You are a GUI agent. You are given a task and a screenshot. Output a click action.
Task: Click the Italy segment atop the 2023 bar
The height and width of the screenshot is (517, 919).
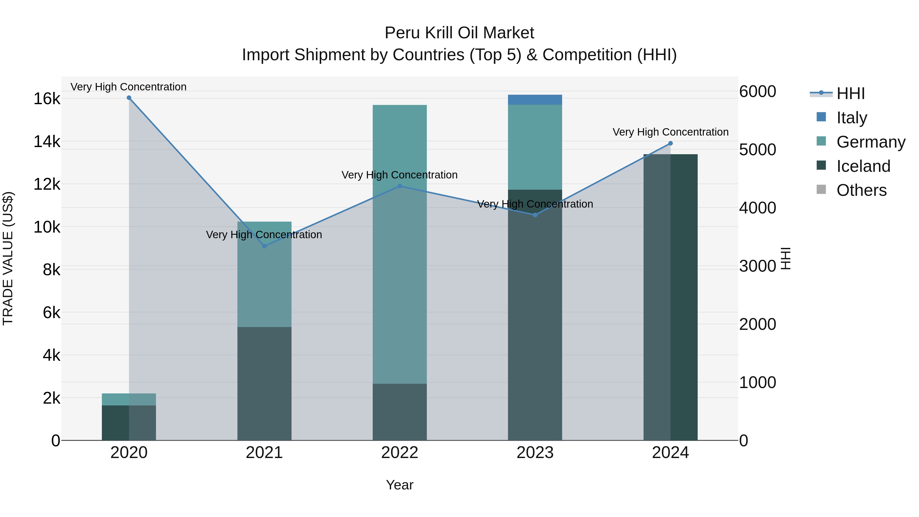coord(535,100)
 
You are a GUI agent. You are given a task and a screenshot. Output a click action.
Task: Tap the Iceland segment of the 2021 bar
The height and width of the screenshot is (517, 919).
coord(264,383)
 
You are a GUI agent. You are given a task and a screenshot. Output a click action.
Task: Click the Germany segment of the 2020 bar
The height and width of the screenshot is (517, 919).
coord(129,399)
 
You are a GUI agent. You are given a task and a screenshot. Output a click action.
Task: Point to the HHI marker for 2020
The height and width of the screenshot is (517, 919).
coord(129,98)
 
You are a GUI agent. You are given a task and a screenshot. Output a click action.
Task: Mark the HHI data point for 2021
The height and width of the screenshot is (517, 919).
coord(264,246)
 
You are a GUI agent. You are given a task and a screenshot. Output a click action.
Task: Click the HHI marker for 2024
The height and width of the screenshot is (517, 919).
coord(670,143)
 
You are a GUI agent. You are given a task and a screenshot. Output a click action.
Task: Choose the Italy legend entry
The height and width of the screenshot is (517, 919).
coord(852,118)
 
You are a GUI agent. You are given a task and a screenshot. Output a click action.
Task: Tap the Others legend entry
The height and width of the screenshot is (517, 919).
coord(861,190)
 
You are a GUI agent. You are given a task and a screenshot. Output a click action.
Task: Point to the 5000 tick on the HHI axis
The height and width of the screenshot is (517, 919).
coord(757,150)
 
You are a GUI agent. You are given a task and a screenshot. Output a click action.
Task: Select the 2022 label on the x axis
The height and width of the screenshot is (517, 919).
coord(400,453)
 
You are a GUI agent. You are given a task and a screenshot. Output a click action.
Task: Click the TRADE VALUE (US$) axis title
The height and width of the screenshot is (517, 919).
coord(8,258)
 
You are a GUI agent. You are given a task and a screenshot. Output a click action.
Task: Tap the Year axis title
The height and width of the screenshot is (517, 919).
coord(400,485)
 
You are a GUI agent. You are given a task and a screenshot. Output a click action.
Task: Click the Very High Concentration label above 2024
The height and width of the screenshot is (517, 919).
coord(670,132)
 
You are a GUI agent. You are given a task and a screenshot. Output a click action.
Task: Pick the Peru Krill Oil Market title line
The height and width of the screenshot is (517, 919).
coord(459,33)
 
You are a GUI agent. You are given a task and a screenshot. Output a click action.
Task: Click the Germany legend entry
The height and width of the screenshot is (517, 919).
coord(870,142)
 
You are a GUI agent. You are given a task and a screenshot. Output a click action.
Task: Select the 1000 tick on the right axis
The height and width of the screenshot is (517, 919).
coord(757,382)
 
